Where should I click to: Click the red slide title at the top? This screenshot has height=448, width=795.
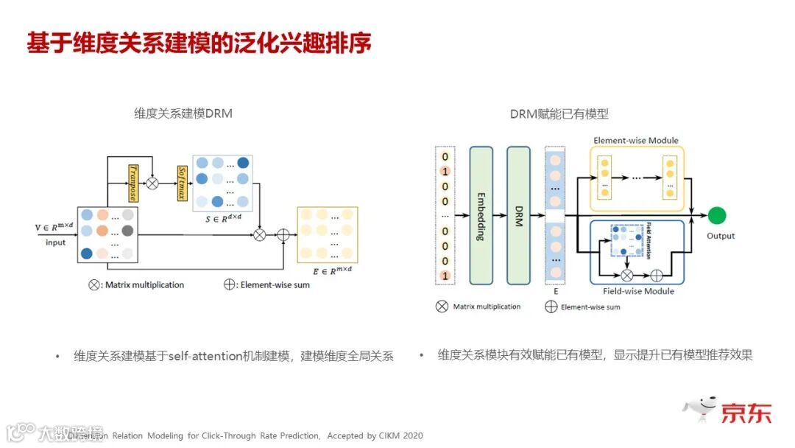click(x=199, y=42)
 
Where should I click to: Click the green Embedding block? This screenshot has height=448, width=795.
click(x=481, y=216)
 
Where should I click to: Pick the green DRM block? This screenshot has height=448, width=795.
click(x=518, y=216)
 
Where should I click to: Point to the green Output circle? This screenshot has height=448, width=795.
click(x=717, y=216)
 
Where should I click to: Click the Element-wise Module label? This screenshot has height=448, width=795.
click(x=636, y=140)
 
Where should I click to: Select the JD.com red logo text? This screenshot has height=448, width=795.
click(x=746, y=412)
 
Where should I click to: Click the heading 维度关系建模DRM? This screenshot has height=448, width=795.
click(x=183, y=113)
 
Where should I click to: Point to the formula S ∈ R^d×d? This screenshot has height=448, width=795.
click(x=221, y=215)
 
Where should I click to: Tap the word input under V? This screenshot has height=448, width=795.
click(x=55, y=242)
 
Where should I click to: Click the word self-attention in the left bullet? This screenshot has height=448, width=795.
click(x=205, y=356)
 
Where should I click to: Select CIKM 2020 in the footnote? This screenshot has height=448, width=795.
click(x=402, y=435)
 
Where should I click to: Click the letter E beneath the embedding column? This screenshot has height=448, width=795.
click(x=556, y=291)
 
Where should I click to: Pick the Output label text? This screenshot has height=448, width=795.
click(x=721, y=236)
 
